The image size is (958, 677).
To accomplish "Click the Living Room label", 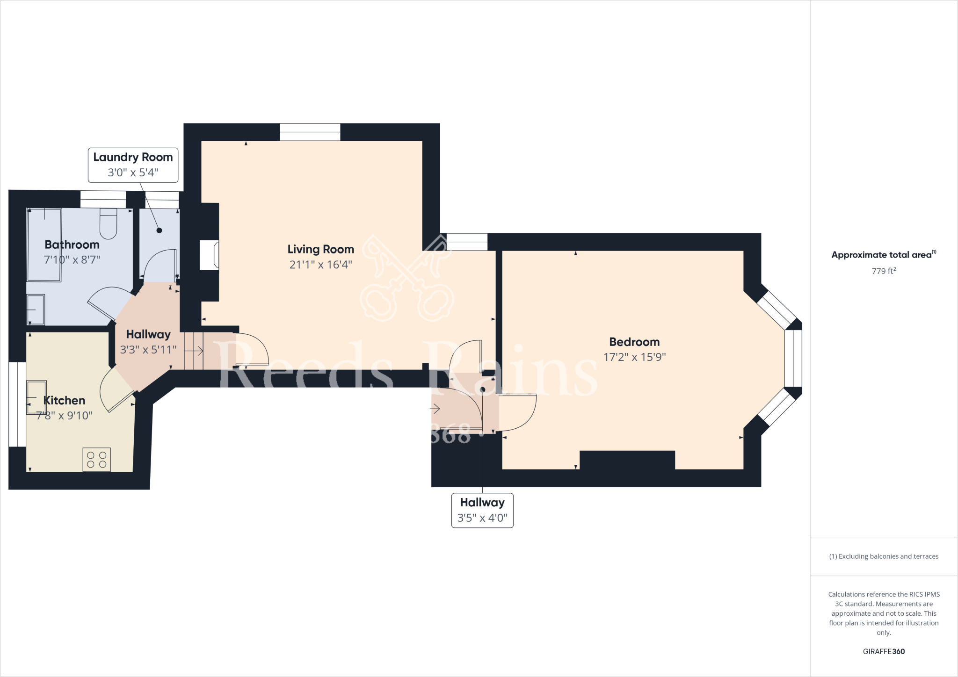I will coord(320,249).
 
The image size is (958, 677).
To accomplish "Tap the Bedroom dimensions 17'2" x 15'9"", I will coord(634,357).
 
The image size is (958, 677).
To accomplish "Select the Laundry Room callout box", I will coord(133,165).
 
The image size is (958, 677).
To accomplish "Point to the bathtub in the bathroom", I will coord(44,245).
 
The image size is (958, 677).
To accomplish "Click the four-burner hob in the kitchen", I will coord(97,459).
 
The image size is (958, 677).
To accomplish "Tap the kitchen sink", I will coord(36,397).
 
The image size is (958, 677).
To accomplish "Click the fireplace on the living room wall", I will coord(209,255).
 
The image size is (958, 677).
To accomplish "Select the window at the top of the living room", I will coord(310,132).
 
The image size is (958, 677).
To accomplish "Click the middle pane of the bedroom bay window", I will coord(793,358).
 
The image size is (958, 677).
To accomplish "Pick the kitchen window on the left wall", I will coord(17,404).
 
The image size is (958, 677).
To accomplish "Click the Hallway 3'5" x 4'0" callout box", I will coord(482,510).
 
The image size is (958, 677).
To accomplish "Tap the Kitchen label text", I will coord(64,401).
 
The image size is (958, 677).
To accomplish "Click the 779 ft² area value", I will coord(884,271).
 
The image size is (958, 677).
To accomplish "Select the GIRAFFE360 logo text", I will coord(884,651).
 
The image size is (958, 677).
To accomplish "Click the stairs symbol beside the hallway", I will coord(194,351).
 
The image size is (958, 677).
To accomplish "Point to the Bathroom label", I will coord(72,245).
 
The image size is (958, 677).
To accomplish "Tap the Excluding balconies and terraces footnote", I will coord(884,556).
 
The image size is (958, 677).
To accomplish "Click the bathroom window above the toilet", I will coord(103,200).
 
